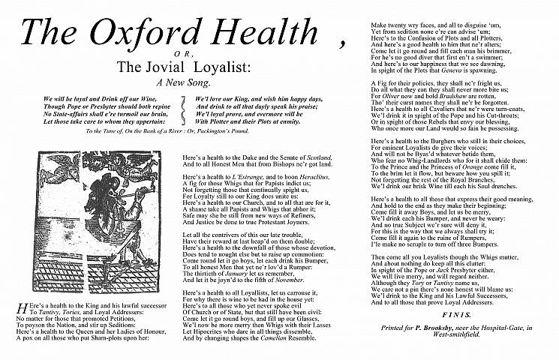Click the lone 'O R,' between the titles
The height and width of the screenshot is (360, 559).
click(177, 55)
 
